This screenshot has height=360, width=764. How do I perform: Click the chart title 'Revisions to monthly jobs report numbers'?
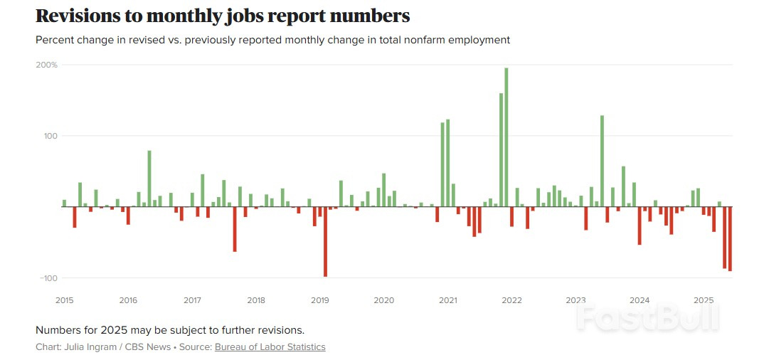tap(223, 16)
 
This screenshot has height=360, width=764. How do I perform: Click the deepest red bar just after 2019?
tap(325, 242)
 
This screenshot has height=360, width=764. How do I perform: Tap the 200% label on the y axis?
tap(48, 65)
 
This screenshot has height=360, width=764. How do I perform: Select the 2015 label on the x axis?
tap(64, 300)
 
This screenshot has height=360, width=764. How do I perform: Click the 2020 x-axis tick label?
tap(383, 300)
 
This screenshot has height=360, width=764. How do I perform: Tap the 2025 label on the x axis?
tap(703, 300)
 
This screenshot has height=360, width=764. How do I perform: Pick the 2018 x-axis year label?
tap(255, 300)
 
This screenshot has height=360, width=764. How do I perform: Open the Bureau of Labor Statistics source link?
tap(270, 347)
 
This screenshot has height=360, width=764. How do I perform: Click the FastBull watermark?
tap(647, 318)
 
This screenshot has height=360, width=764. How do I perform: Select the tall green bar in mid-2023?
tap(602, 161)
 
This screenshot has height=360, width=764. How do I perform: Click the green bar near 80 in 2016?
tap(149, 179)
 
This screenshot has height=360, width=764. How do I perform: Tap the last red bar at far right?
tap(730, 238)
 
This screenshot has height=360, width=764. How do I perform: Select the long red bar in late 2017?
tap(235, 229)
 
